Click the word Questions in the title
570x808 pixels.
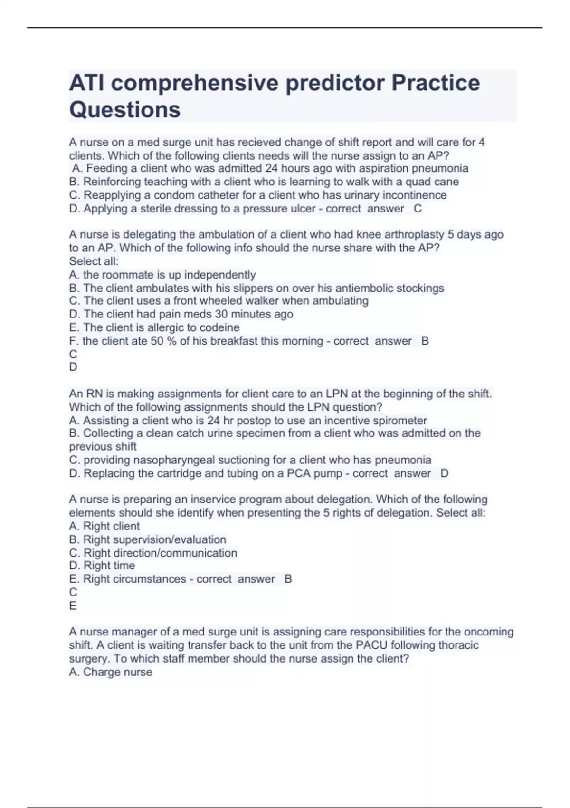point(125,109)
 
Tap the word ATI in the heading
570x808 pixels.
point(87,83)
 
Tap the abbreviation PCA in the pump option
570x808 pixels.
point(299,473)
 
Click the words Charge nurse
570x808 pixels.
point(117,672)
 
